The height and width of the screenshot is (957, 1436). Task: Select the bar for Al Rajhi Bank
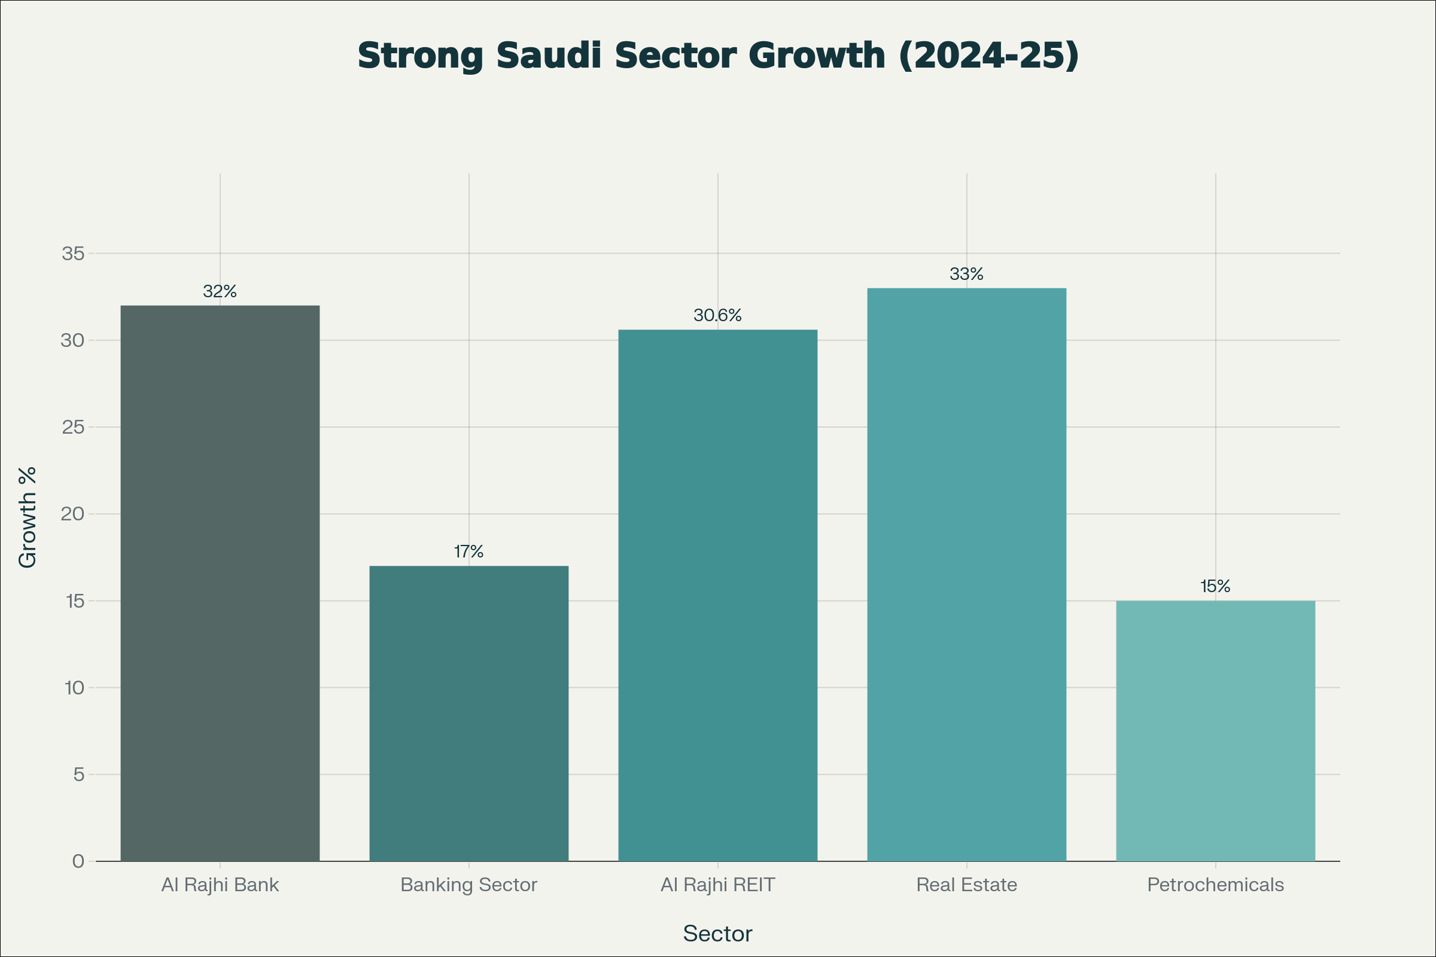point(220,583)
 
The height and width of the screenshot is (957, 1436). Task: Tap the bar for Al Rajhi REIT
point(717,595)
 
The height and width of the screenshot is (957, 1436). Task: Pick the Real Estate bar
point(966,574)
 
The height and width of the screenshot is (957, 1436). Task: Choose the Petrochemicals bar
point(1215,730)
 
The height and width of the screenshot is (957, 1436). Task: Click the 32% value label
point(220,291)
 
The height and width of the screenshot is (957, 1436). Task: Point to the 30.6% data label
point(717,315)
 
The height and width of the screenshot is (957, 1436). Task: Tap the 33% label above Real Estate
point(966,274)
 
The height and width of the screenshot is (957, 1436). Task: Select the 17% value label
point(469,551)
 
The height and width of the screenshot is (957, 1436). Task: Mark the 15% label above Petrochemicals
point(1215,587)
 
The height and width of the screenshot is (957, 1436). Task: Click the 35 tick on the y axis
point(72,253)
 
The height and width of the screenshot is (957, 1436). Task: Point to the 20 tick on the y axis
point(72,514)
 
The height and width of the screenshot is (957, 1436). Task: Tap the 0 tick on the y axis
point(78,861)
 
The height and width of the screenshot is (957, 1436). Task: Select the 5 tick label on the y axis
point(78,775)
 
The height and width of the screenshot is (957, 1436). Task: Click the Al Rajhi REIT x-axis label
point(717,885)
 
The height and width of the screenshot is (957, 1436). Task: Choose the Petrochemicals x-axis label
point(1215,885)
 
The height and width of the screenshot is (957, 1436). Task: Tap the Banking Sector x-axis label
point(469,885)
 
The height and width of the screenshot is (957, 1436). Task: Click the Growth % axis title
point(28,517)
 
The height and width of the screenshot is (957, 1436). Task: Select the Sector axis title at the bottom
point(717,934)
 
